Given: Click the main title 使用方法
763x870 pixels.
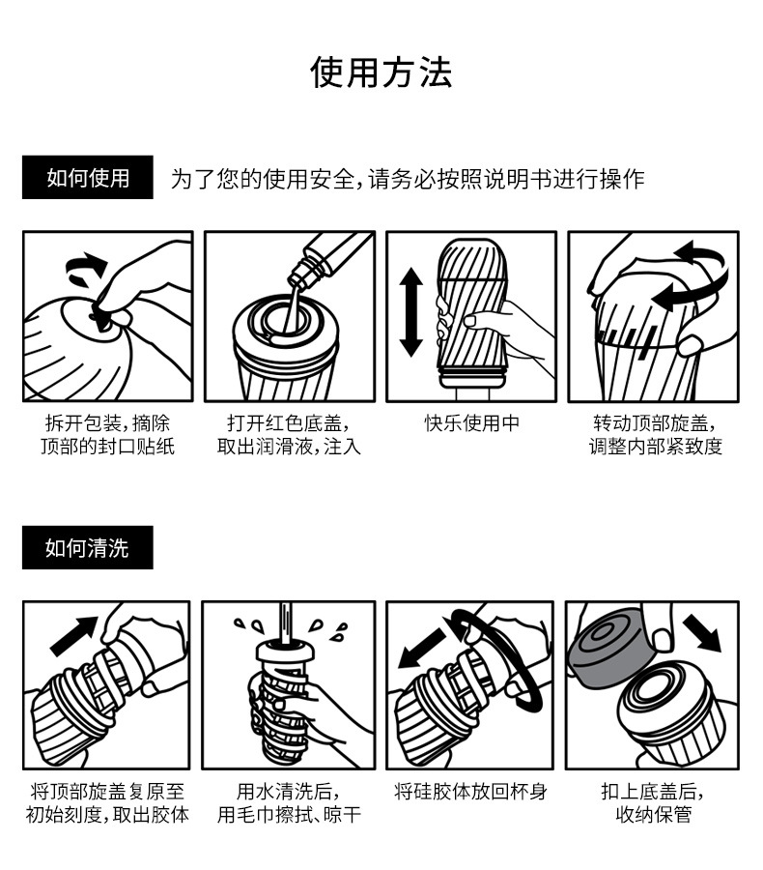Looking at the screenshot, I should point(381,72).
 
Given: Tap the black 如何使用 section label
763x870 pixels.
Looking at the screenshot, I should point(88,179).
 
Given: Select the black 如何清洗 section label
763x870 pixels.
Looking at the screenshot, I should point(88,549).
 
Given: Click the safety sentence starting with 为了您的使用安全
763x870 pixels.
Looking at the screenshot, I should point(407,180).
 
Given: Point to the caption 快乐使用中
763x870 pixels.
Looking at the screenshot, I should point(471,423).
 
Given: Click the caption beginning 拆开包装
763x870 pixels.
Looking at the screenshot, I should point(107,435).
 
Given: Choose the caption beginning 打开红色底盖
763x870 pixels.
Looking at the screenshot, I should point(288,435).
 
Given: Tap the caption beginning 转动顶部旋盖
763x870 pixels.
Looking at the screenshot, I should point(655,435).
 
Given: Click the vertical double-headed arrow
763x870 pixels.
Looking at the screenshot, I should point(412,312).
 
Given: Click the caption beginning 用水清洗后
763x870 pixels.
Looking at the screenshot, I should point(288,803).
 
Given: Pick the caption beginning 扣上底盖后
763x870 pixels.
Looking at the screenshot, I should point(653,803).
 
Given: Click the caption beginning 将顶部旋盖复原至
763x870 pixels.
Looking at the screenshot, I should point(107,803).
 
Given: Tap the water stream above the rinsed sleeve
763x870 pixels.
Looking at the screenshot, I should point(286,620).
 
